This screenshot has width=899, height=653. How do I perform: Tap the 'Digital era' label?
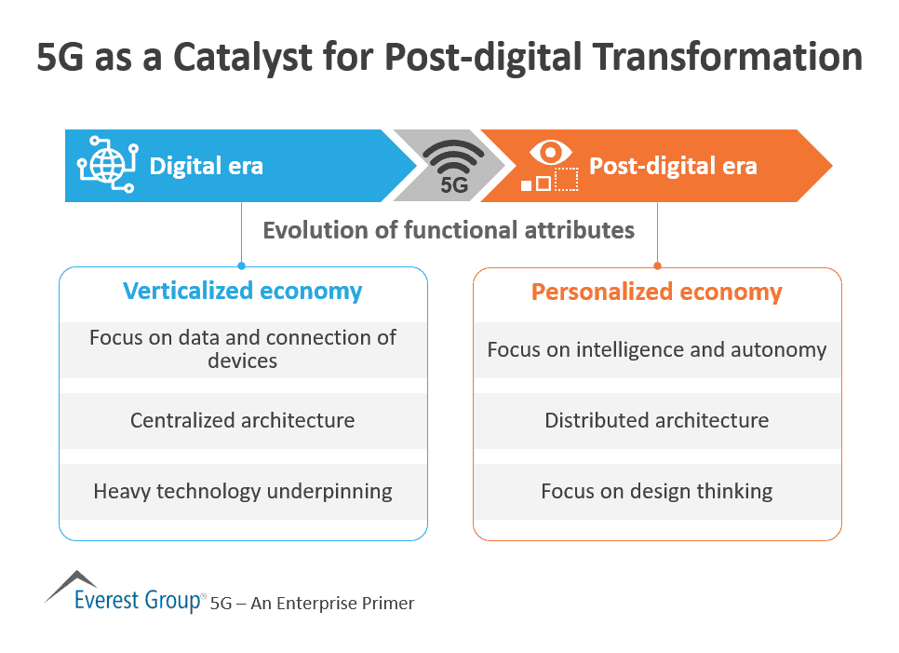[206, 167]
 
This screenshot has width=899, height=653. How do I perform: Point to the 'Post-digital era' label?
[673, 167]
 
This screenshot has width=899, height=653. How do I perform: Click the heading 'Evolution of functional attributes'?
[449, 229]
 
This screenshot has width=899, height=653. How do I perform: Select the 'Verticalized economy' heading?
[242, 291]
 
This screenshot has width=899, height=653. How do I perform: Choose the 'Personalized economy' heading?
[656, 292]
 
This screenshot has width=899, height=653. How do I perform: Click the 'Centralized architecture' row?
[242, 420]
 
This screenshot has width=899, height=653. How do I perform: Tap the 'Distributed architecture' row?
[656, 420]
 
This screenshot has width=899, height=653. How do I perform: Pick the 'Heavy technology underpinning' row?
[242, 491]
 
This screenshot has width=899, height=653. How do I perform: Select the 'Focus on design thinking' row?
[656, 491]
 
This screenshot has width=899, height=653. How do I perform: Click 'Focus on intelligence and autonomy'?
[656, 349]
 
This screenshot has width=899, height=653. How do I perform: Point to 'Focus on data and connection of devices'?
[242, 349]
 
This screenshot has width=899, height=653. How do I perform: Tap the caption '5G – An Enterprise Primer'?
[313, 603]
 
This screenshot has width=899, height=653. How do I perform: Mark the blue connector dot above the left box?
[242, 265]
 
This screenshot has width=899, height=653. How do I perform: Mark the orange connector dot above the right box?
[657, 265]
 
